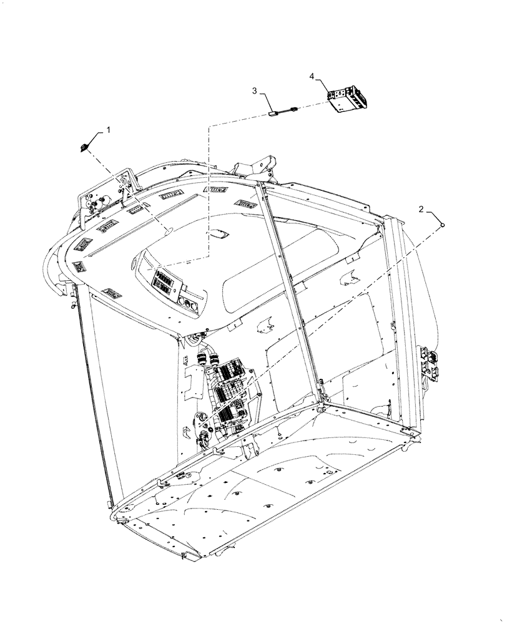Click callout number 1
[x=108, y=130]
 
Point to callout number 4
[x=312, y=76]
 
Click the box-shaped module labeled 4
[x=348, y=100]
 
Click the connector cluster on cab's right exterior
[x=430, y=363]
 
